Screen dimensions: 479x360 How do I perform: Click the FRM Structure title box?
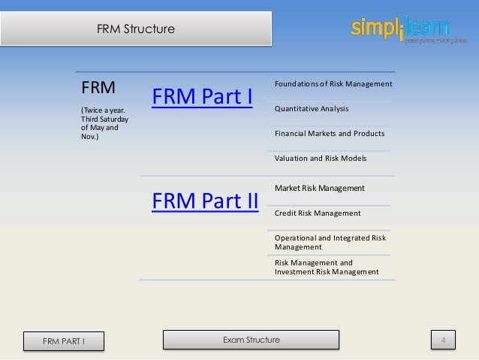pyautogui.click(x=136, y=29)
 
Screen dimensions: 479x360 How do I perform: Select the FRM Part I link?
pyautogui.click(x=201, y=98)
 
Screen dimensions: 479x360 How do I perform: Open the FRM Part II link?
pyautogui.click(x=205, y=201)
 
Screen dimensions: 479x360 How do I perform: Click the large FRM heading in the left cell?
pyautogui.click(x=98, y=87)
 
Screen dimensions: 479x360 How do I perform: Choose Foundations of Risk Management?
pyautogui.click(x=333, y=83)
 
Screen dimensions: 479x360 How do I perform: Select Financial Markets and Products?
pyautogui.click(x=329, y=133)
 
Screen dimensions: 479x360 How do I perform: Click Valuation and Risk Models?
pyautogui.click(x=321, y=158)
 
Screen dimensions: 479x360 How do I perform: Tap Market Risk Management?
pyautogui.click(x=320, y=187)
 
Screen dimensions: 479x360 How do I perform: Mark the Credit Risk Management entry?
pyautogui.click(x=318, y=213)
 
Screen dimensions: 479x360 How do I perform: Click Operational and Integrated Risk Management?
pyautogui.click(x=330, y=242)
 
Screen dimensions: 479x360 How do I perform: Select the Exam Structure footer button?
pyautogui.click(x=251, y=340)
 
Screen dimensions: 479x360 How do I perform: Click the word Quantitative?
pyautogui.click(x=294, y=108)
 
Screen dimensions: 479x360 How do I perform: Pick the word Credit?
pyautogui.click(x=285, y=213)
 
